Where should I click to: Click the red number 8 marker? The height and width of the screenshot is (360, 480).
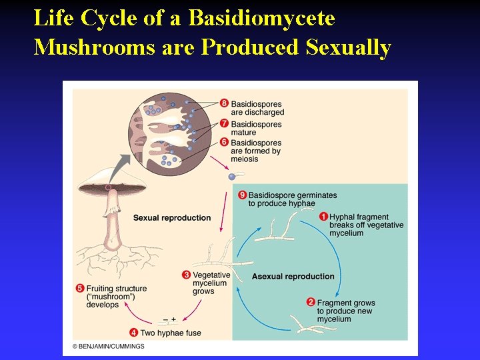(x=225, y=103)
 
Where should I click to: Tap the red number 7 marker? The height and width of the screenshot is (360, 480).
(x=225, y=124)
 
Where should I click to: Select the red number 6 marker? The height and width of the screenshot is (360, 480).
(x=225, y=143)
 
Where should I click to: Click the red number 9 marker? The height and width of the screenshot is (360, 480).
(x=243, y=195)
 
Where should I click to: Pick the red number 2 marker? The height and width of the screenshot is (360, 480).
(x=311, y=302)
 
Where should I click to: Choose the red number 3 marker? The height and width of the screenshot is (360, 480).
(x=187, y=275)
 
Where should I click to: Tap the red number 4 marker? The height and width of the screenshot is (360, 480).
(x=134, y=333)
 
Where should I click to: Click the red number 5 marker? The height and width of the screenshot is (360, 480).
(x=80, y=289)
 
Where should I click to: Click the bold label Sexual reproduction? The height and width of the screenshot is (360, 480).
(x=172, y=218)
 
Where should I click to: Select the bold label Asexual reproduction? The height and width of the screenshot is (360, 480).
(x=293, y=277)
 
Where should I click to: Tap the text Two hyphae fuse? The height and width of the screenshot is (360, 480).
(x=170, y=333)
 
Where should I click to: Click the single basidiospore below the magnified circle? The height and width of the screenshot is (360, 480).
(x=231, y=177)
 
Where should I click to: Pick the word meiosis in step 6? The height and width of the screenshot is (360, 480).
(x=245, y=159)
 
